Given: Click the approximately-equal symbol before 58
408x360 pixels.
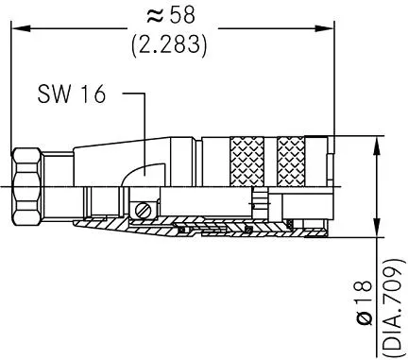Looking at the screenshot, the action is pos(155,15).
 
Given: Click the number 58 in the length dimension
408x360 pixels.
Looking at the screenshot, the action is pos(182,15).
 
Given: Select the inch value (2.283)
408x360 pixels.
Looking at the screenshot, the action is pos(169,44).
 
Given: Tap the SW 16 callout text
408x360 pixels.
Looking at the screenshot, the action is pos(72,94).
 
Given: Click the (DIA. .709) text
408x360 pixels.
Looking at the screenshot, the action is pos(392,305).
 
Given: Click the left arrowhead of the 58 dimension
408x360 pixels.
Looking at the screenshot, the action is pos(21,28).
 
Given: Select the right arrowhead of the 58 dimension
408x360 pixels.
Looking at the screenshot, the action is pos(324,28).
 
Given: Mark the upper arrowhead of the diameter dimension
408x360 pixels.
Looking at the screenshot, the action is pos(377,146).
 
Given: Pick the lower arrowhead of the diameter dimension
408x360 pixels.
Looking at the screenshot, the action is pos(377,228).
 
